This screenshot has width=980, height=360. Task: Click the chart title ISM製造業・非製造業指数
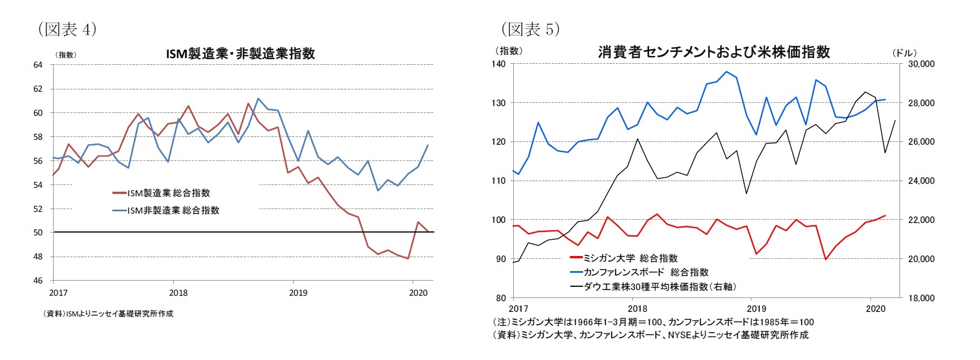[240, 54]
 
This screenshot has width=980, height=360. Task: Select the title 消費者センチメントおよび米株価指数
[714, 52]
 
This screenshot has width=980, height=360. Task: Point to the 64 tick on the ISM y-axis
[37, 65]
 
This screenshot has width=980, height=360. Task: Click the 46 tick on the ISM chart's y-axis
[37, 281]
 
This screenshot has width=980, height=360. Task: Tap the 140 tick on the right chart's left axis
[499, 64]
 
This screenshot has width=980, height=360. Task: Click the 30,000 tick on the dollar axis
[921, 64]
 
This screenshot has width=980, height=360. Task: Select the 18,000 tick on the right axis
[921, 298]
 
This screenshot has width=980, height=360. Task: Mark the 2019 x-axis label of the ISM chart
[298, 292]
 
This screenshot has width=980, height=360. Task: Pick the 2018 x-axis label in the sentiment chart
[637, 309]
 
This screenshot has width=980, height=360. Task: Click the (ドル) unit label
[904, 53]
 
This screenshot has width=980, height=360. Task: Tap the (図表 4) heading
[68, 29]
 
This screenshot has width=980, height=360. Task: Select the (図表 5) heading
[530, 29]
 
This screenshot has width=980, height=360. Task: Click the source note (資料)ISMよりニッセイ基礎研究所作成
[108, 314]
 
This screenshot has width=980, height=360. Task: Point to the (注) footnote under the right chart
[653, 322]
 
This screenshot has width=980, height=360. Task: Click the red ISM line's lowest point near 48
[408, 258]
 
